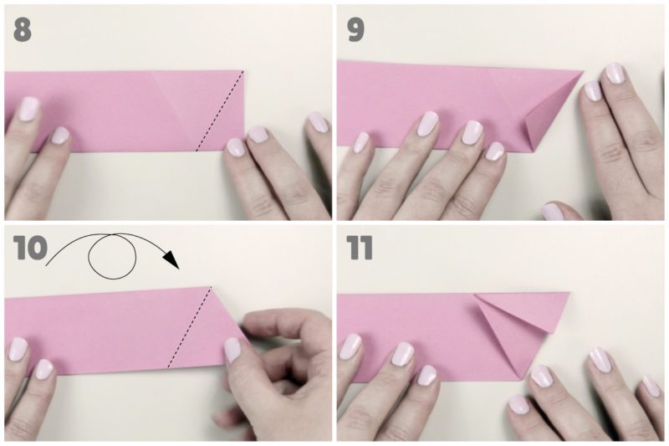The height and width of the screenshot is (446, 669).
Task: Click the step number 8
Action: (23, 30)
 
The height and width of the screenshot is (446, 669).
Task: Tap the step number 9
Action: (355, 30)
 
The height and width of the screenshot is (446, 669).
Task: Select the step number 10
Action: (30, 248)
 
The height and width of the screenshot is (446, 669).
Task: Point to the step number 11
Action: (360, 248)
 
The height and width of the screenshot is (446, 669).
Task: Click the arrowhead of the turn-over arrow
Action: (172, 259)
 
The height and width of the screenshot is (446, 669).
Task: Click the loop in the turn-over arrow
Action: (112, 257)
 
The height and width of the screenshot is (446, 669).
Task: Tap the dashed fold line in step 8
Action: (220, 111)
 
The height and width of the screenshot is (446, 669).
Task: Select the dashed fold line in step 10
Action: (190, 326)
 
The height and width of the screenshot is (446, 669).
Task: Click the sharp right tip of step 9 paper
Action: (583, 72)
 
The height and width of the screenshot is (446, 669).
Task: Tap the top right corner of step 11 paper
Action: (569, 293)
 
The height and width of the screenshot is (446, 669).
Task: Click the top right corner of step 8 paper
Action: (244, 71)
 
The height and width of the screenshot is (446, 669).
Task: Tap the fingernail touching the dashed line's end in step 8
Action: (236, 146)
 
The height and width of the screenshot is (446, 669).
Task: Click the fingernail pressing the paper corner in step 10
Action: (233, 350)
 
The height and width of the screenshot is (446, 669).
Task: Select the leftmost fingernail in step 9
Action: (362, 141)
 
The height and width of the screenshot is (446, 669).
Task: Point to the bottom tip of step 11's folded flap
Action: (522, 378)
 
